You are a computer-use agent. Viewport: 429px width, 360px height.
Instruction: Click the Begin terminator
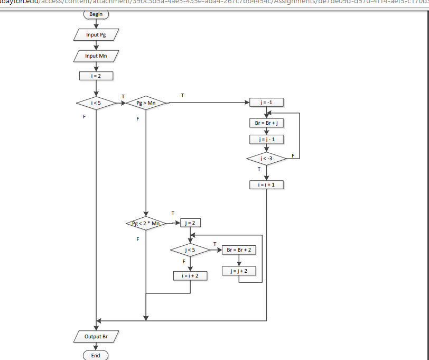[x=96, y=14]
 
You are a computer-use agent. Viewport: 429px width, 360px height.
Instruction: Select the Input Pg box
[x=96, y=34]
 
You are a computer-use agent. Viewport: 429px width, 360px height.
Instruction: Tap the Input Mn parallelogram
[x=96, y=56]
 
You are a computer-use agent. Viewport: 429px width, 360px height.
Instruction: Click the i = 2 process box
[x=96, y=76]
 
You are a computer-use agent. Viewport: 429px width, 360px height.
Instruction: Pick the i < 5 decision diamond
[x=96, y=103]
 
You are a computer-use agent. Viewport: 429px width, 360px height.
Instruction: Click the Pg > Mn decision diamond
[x=146, y=103]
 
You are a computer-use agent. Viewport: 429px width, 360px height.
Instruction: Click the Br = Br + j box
[x=266, y=123]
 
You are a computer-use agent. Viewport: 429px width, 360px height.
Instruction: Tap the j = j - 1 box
[x=266, y=140]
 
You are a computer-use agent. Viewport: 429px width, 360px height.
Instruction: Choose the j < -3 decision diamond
[x=266, y=159]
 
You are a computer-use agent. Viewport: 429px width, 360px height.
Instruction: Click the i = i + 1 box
[x=266, y=184]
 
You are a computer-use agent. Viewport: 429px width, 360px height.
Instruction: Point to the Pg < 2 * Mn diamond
[x=145, y=224]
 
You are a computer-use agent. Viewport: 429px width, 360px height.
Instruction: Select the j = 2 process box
[x=190, y=223]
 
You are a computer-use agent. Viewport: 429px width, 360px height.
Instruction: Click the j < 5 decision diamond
[x=190, y=250]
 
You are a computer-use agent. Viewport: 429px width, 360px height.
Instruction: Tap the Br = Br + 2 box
[x=239, y=250]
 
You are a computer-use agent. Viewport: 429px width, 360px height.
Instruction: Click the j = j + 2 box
[x=239, y=271]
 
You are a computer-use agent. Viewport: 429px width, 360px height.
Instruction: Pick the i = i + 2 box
[x=190, y=275]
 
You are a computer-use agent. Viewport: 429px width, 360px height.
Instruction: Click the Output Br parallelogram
[x=96, y=336]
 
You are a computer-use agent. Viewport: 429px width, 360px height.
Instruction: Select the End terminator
[x=96, y=356]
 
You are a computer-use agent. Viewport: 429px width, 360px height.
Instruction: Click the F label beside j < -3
[x=293, y=154]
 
